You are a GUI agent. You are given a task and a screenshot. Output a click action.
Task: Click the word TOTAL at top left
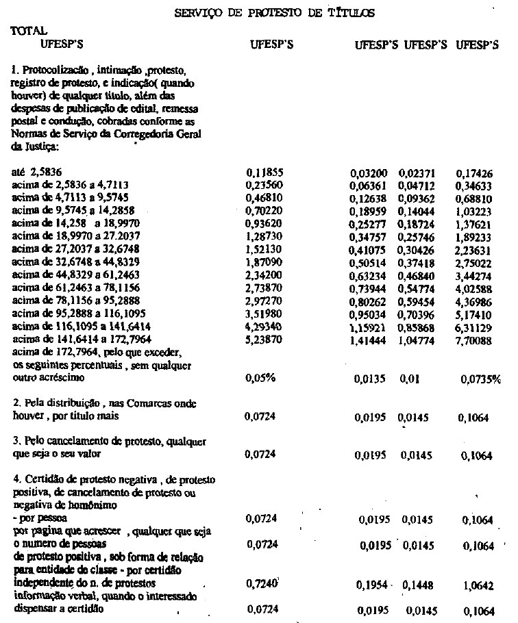[29, 31]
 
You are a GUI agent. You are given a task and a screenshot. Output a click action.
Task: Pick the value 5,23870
[264, 338]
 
